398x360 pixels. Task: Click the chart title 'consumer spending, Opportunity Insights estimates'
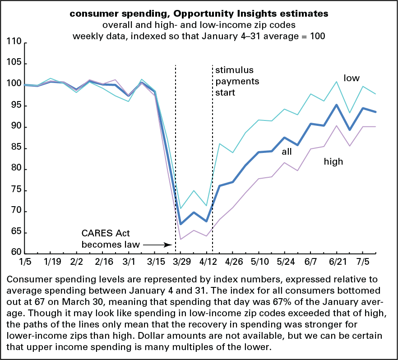[x=199, y=14]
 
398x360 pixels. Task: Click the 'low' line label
[x=352, y=78]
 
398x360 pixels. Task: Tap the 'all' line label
[x=287, y=152]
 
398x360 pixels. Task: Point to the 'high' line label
[x=333, y=162]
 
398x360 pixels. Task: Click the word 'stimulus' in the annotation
[x=234, y=70]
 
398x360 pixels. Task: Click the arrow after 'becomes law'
[x=157, y=245]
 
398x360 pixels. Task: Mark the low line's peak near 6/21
[x=336, y=82]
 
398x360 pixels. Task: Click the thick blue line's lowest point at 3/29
[x=180, y=224]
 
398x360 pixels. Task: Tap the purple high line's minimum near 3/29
[x=180, y=239]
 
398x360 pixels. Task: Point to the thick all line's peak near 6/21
[x=336, y=105]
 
